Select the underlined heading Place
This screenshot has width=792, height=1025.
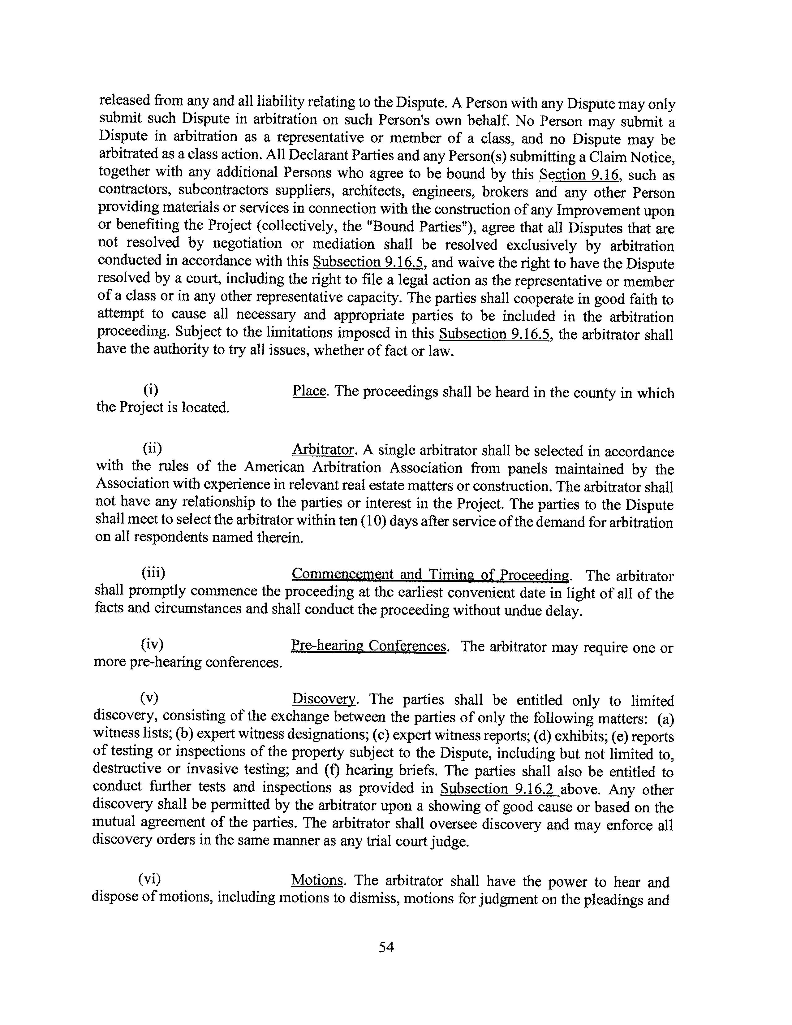coord(309,391)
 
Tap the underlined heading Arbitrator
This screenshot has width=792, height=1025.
coord(323,450)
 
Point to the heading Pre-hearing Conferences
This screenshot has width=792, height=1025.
coord(368,646)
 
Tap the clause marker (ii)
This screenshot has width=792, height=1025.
coord(153,449)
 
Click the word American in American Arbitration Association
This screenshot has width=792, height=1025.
coord(273,467)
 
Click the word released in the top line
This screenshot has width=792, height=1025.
coord(125,101)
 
